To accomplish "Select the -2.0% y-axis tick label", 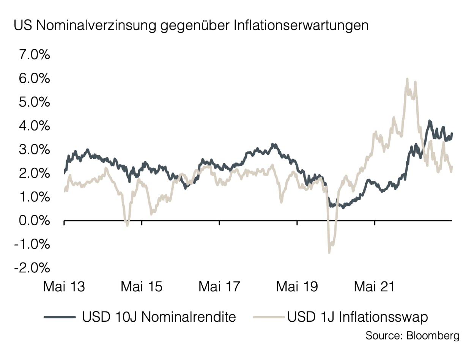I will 32,268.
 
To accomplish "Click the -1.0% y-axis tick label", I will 32,244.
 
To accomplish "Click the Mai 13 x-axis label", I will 64,287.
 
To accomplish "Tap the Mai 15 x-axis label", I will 142,287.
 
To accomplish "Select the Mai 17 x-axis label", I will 219,287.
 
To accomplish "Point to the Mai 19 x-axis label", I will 297,287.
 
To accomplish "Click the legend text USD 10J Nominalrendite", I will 159,316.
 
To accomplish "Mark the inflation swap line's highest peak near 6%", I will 407,79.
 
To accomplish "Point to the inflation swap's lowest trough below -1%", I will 329,252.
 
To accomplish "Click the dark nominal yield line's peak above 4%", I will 429,121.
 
